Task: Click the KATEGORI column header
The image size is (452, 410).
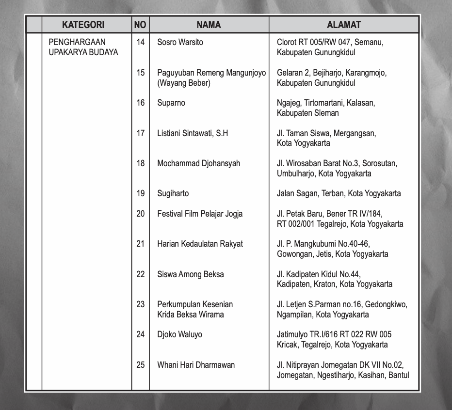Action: (x=83, y=25)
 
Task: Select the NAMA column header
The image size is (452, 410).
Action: (x=209, y=25)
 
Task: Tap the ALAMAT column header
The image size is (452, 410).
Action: (x=343, y=25)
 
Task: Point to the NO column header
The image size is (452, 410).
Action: (x=140, y=25)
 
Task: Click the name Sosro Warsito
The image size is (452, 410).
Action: (x=180, y=42)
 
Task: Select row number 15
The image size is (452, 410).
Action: (x=141, y=73)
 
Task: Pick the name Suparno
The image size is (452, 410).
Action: (x=171, y=103)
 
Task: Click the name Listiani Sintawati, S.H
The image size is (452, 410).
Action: (x=192, y=133)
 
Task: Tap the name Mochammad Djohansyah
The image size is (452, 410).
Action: (x=198, y=163)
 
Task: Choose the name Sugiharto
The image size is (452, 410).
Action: (x=173, y=193)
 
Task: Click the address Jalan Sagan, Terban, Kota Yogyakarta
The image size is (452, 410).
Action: (x=339, y=193)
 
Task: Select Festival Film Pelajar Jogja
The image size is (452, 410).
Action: (x=200, y=214)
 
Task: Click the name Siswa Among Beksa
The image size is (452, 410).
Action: (x=190, y=274)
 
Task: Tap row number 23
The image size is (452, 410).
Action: (x=141, y=304)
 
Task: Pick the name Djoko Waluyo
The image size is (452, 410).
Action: (x=179, y=334)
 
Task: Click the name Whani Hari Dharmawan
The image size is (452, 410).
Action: (x=195, y=364)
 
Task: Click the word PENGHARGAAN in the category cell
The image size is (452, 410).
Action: (x=77, y=42)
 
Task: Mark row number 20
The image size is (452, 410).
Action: (x=141, y=214)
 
